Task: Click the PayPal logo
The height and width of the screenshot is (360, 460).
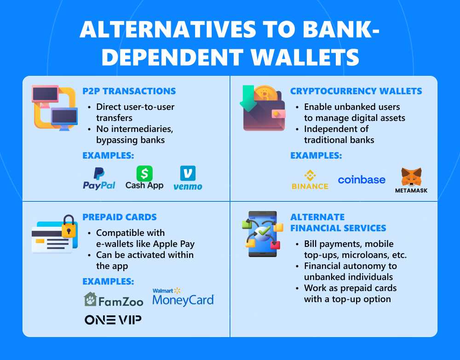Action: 99,178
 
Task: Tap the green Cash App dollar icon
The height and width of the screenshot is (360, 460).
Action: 144,173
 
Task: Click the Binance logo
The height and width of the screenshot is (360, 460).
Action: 310,180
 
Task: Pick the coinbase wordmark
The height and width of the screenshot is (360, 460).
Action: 362,180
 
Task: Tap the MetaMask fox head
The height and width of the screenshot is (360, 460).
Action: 411,177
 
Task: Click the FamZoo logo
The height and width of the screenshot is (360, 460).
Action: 114,300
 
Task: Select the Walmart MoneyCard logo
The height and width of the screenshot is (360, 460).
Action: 184,297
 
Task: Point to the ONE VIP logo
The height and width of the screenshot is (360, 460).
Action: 113,320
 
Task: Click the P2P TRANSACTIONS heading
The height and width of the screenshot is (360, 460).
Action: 129,91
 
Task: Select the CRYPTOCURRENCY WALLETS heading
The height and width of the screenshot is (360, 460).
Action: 356,91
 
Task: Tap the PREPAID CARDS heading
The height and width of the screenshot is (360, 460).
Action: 120,217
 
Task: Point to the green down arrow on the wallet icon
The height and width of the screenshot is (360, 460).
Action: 248,98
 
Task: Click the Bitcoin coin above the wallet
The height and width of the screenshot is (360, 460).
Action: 265,93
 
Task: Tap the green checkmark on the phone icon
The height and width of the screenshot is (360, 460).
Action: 264,231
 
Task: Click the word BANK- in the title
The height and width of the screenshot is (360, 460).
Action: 341,29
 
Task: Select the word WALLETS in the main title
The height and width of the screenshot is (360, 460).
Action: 305,57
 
